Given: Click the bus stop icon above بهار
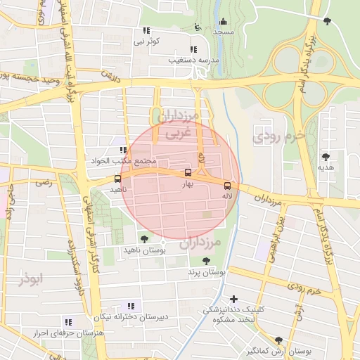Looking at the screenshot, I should (188, 173).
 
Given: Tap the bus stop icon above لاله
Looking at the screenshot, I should (226, 186).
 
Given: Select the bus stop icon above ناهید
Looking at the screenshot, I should (117, 179).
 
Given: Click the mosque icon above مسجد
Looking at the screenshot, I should (224, 22).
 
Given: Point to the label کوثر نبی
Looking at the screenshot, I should (148, 41).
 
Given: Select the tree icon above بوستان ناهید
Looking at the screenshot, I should (145, 239).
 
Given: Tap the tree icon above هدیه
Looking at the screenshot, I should (325, 157).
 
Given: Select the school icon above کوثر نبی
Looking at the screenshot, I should (147, 31).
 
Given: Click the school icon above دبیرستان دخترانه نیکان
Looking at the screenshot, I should (130, 306).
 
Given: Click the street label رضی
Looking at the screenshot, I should (44, 183).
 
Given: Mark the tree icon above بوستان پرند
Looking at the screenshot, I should (206, 261).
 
